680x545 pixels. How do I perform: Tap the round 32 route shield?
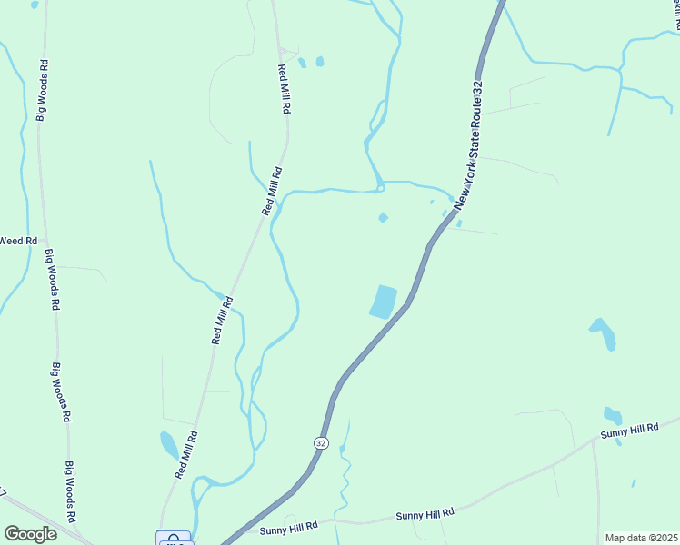(x=321, y=442)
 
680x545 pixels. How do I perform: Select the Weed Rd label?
(x=17, y=241)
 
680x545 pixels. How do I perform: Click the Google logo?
(x=30, y=534)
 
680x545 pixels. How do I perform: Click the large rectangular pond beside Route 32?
(x=384, y=302)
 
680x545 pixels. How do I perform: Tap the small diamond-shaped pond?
(x=383, y=217)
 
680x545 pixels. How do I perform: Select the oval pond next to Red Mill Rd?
(x=169, y=445)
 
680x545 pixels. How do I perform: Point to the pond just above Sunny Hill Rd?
(x=613, y=416)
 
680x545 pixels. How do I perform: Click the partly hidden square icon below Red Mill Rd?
(x=174, y=539)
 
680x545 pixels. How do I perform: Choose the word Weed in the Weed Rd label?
(x=12, y=241)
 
